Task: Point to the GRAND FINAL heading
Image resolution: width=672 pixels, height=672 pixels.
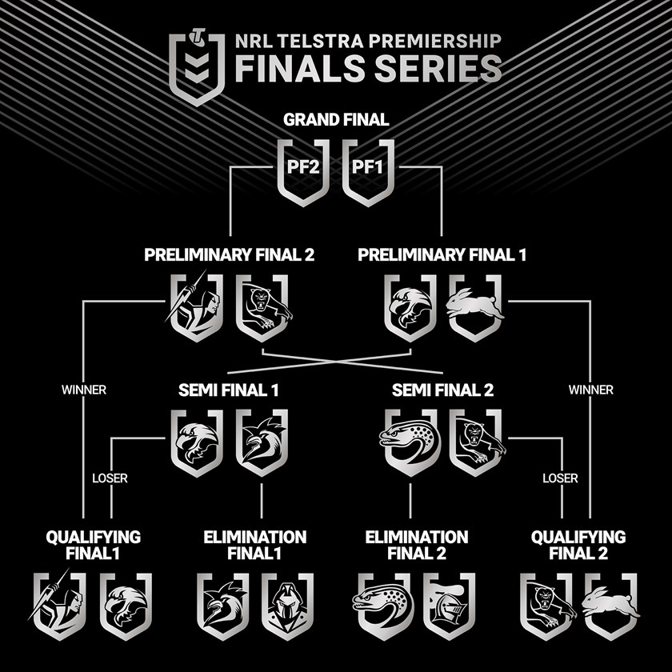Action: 336,120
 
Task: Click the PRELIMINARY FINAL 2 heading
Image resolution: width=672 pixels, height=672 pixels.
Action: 229,255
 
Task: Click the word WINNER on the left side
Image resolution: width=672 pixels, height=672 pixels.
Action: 84,390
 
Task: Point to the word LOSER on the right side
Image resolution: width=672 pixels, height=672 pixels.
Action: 560,478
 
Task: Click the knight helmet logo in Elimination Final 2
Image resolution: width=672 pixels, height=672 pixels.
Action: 449,606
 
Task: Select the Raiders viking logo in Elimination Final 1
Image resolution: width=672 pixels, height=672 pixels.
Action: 288,606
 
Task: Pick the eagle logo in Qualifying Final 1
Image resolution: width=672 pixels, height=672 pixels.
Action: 126,606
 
